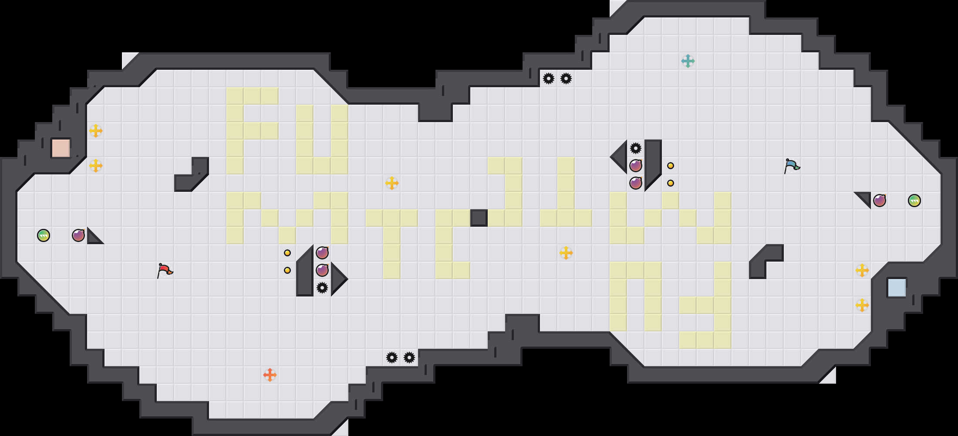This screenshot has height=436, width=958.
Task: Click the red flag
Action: point(165,270)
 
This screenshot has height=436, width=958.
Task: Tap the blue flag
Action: point(792,166)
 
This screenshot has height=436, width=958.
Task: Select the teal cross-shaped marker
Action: point(688,61)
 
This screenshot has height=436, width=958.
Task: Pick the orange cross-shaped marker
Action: point(270,375)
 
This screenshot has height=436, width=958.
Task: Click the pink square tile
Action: point(61,148)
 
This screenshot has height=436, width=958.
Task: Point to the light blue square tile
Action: point(897,288)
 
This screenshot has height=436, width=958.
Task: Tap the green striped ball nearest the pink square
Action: point(44,235)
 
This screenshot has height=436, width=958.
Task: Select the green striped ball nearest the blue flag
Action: point(914,201)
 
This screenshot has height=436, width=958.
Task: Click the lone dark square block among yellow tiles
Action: point(479,218)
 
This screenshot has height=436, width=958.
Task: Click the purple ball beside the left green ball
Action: point(78,235)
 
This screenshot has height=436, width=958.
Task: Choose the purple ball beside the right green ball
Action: point(880,201)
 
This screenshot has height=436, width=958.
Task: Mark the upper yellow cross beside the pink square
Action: point(96,131)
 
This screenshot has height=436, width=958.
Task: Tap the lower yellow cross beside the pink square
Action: point(96,166)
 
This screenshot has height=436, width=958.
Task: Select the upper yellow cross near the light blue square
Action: point(862,270)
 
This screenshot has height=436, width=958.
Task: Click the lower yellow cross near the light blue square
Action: point(862,305)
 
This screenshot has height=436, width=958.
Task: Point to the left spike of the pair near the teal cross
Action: point(549,78)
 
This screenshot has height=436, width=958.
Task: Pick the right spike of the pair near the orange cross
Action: point(409,358)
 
